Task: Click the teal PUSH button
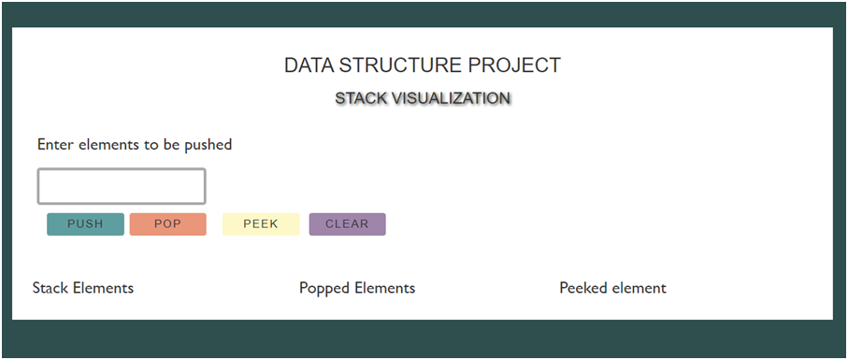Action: point(85,224)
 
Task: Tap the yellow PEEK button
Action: point(261,224)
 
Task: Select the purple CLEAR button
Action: point(347,224)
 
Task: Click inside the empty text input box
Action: point(122,186)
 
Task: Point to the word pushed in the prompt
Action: point(208,145)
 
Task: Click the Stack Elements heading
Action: point(83,288)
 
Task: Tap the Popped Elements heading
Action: point(357,288)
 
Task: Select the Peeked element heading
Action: point(612,288)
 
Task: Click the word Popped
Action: point(324,288)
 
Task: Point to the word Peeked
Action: point(583,288)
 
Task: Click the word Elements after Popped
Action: point(384,288)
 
